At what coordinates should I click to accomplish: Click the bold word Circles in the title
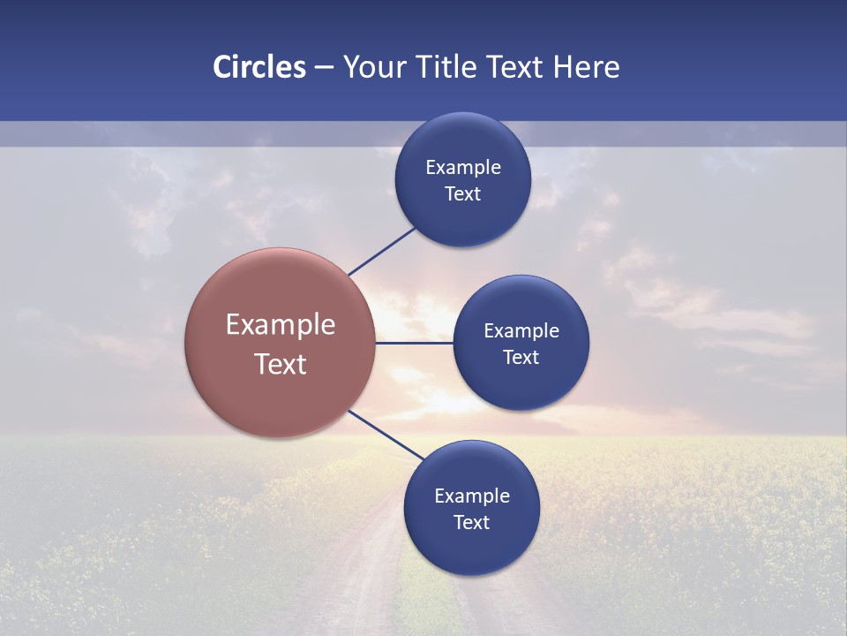pyautogui.click(x=259, y=67)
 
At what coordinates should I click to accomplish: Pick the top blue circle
pyautogui.click(x=463, y=221)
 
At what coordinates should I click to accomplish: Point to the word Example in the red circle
pyautogui.click(x=281, y=325)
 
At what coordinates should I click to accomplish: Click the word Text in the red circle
pyautogui.click(x=281, y=364)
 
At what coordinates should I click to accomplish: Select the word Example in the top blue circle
pyautogui.click(x=463, y=168)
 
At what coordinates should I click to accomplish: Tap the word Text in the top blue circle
pyautogui.click(x=463, y=194)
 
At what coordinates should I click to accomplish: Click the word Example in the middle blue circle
pyautogui.click(x=521, y=331)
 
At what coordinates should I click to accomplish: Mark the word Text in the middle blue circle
pyautogui.click(x=521, y=358)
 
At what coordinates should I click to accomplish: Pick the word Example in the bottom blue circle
pyautogui.click(x=471, y=496)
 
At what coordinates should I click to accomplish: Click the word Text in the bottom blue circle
pyautogui.click(x=471, y=523)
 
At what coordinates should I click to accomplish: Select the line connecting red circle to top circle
pyautogui.click(x=381, y=252)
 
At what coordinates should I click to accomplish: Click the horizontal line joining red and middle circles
pyautogui.click(x=414, y=343)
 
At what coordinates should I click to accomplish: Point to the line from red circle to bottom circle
pyautogui.click(x=383, y=434)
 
